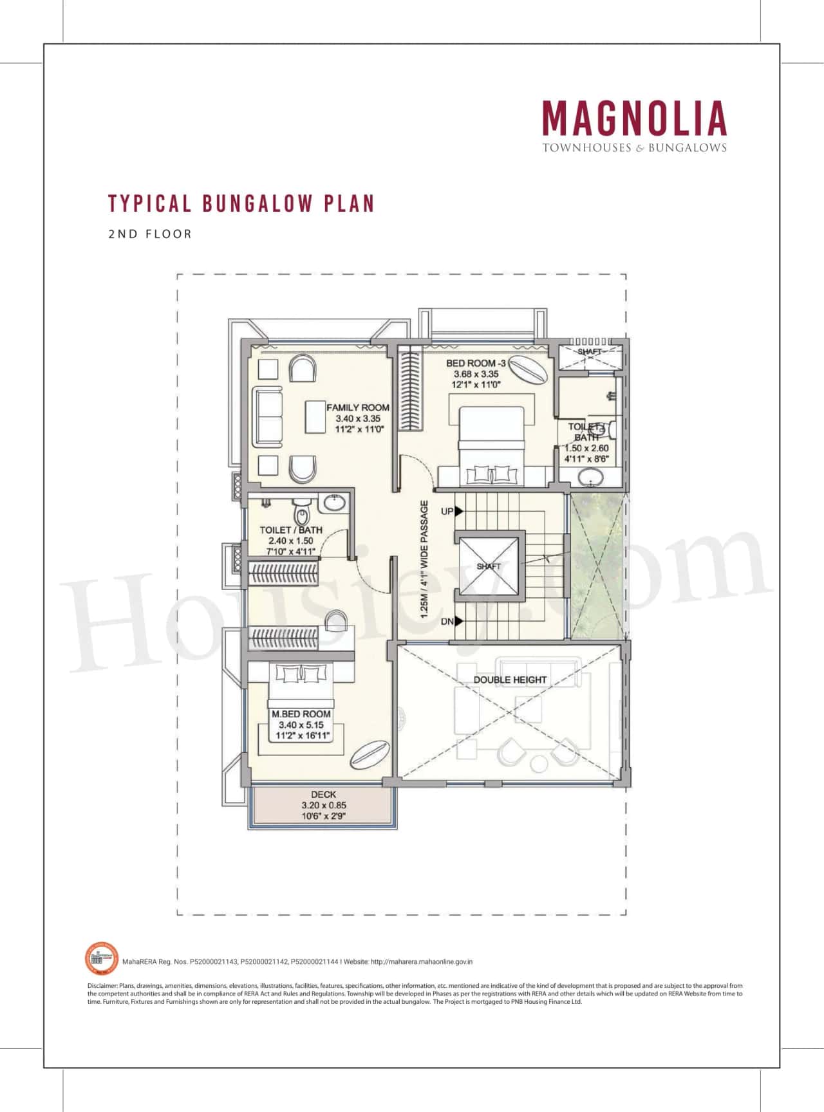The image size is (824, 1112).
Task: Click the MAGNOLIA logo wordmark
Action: pos(634,119)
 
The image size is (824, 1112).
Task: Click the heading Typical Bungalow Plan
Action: pos(241,203)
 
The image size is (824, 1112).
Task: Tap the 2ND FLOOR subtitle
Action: pos(150,234)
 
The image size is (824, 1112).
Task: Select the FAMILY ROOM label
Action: pos(357,407)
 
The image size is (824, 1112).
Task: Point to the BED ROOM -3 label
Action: pos(476,363)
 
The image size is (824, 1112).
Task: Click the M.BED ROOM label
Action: pos(301,714)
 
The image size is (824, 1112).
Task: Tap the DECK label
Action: pos(323,795)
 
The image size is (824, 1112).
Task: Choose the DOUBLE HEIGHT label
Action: pos(510,680)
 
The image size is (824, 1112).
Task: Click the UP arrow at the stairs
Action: pos(458,512)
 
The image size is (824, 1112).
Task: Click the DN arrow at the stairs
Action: pos(458,622)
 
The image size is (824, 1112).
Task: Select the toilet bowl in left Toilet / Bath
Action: pos(301,514)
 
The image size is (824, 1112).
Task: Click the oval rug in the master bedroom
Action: pos(369,754)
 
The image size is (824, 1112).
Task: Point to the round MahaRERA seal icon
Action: pos(102,958)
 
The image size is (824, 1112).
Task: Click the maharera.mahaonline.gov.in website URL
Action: pos(422,961)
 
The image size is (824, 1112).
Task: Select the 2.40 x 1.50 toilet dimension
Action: pos(291,541)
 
